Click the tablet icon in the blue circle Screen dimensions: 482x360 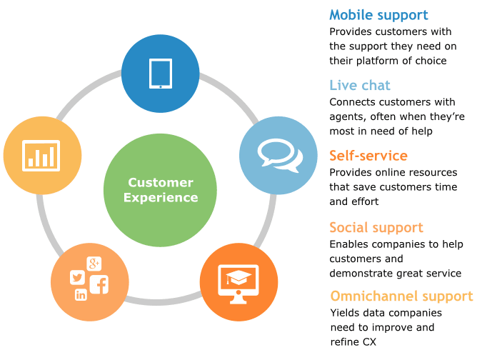161,74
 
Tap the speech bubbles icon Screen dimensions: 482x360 280,155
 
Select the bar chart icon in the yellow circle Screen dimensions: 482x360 41,156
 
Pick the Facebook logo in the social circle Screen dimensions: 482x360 99,284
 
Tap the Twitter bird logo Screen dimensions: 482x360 77,277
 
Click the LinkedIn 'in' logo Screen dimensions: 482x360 81,295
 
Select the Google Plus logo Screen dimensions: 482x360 94,264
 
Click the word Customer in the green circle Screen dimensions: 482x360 161,182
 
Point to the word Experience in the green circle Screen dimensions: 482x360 161,198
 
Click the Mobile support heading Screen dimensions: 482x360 378,15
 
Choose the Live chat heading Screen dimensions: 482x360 360,85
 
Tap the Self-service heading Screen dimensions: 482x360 368,156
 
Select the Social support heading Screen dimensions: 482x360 376,228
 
